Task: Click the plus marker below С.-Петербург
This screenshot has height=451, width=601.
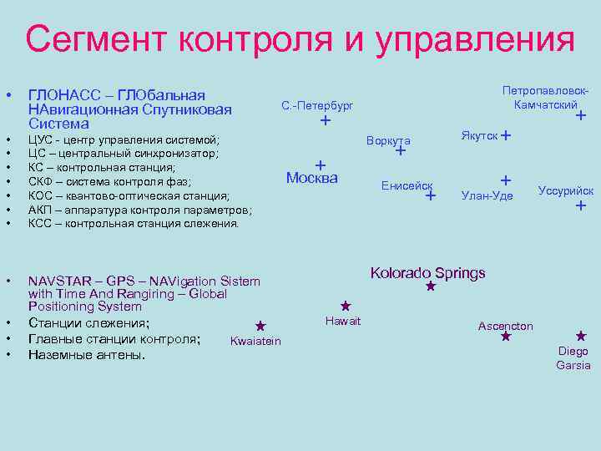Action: click(326, 122)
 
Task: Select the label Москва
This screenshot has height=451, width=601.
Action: click(311, 177)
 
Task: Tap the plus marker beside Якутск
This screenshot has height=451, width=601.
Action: click(507, 135)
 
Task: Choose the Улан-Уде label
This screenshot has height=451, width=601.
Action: click(487, 195)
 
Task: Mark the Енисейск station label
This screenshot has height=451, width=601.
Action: click(407, 185)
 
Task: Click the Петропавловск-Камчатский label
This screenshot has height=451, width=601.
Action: click(546, 97)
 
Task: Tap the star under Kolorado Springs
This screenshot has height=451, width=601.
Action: click(431, 286)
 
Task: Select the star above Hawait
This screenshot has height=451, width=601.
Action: click(344, 307)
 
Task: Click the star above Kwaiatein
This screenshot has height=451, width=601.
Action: click(260, 326)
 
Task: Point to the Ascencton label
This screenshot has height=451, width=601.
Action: click(505, 326)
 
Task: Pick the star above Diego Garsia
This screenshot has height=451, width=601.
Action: click(581, 336)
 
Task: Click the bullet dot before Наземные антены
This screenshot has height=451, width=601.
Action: click(8, 354)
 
